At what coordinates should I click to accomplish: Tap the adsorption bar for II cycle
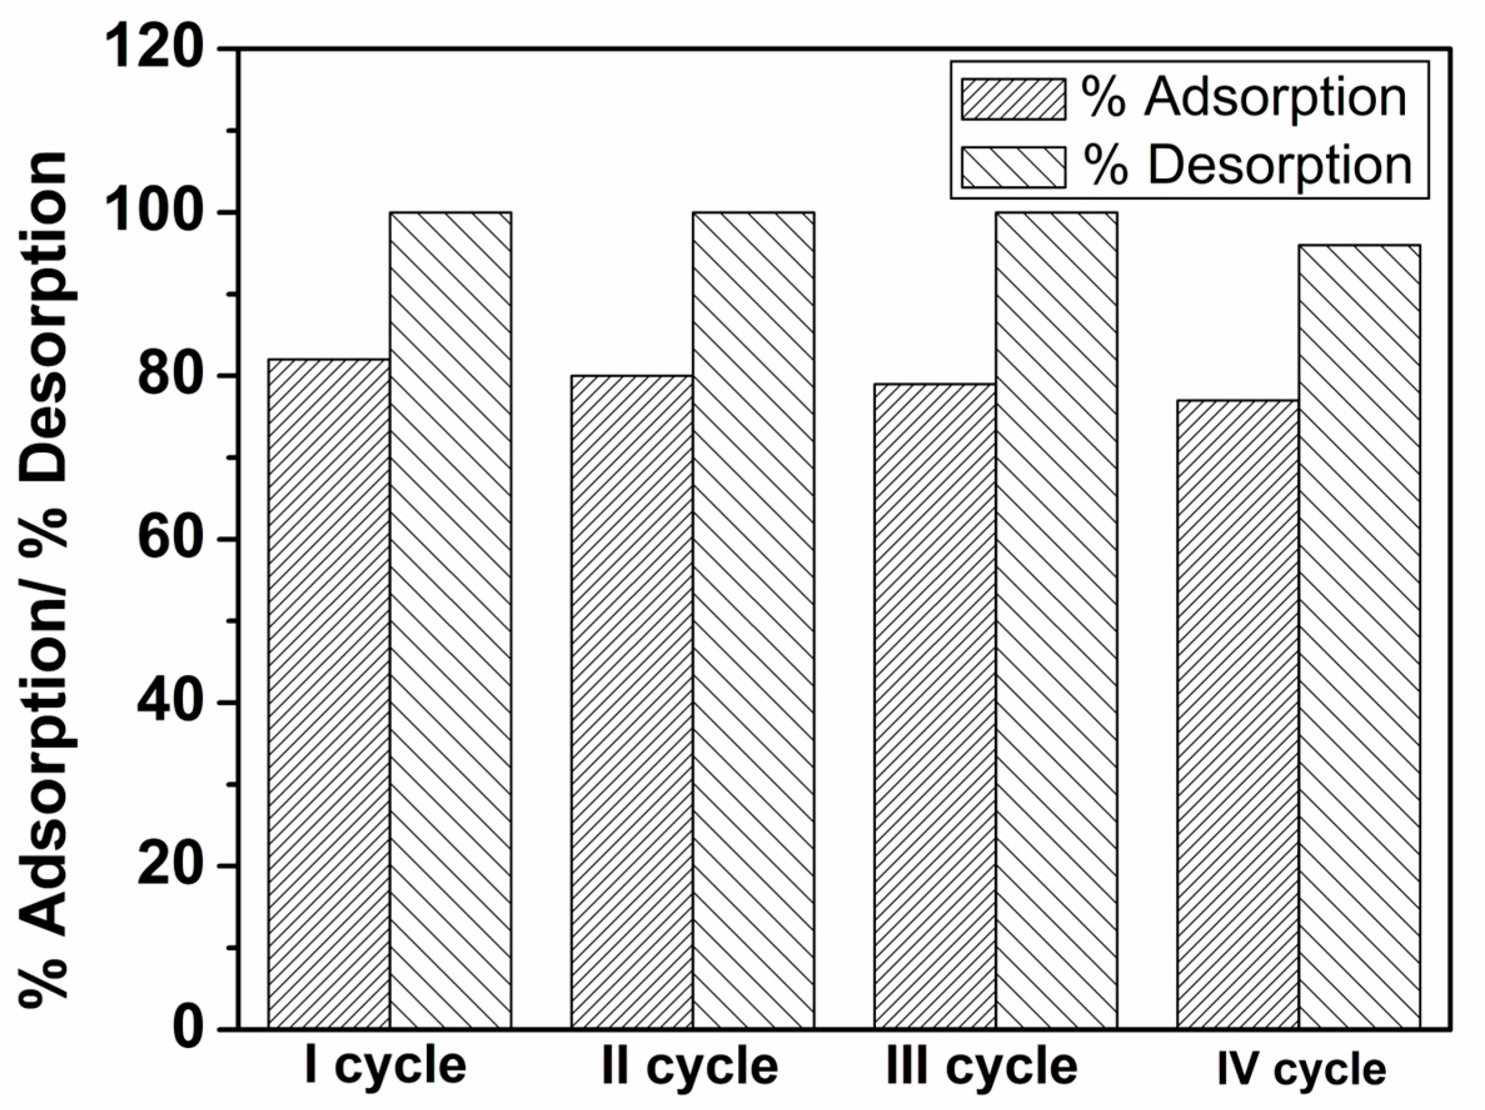click(x=632, y=702)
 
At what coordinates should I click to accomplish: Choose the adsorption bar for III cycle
click(x=935, y=705)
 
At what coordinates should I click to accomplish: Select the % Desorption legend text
click(x=1247, y=166)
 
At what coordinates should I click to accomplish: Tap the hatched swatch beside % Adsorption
click(x=1013, y=99)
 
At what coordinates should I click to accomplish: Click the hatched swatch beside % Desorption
click(x=1013, y=166)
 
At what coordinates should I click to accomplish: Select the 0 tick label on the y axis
click(x=189, y=1029)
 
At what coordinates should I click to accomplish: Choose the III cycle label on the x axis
click(x=982, y=1067)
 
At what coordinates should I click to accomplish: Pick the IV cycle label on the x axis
click(x=1301, y=1071)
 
